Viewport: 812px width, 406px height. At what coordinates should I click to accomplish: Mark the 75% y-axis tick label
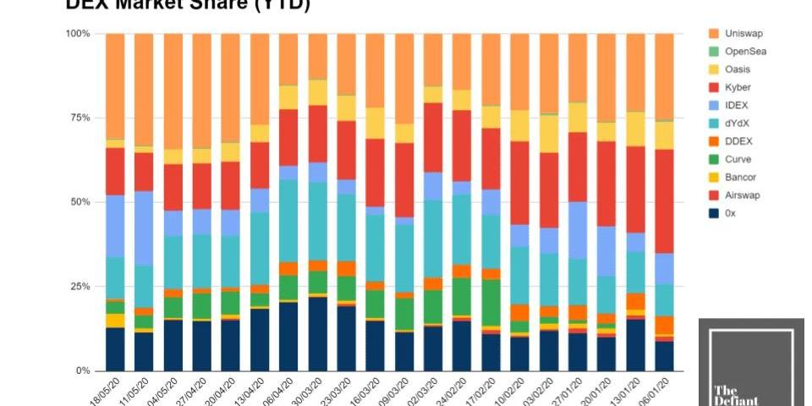[x=80, y=118]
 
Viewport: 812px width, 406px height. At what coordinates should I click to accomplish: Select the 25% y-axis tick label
[x=80, y=287]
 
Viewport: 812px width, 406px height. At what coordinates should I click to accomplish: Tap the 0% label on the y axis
[x=83, y=371]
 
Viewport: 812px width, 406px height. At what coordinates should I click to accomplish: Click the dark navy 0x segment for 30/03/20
[x=318, y=334]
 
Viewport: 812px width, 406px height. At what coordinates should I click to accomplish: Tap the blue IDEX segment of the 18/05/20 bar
[x=115, y=226]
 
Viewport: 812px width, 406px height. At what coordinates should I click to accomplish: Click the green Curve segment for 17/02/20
[x=491, y=302]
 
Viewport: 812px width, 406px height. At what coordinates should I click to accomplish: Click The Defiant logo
[x=750, y=362]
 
